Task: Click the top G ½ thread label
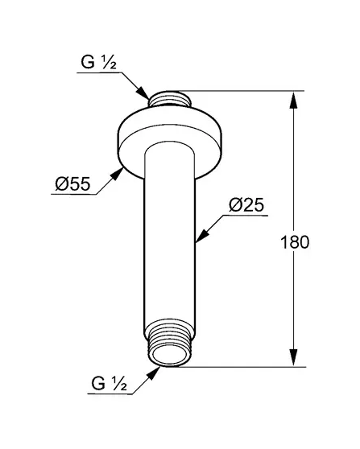click(98, 62)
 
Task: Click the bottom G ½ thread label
click(109, 383)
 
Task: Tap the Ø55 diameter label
click(72, 183)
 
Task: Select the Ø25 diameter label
click(246, 205)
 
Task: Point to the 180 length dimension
click(295, 242)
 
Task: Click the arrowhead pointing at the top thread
click(143, 93)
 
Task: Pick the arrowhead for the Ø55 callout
click(117, 174)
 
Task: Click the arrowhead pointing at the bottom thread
click(153, 373)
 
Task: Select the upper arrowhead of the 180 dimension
click(293, 100)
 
